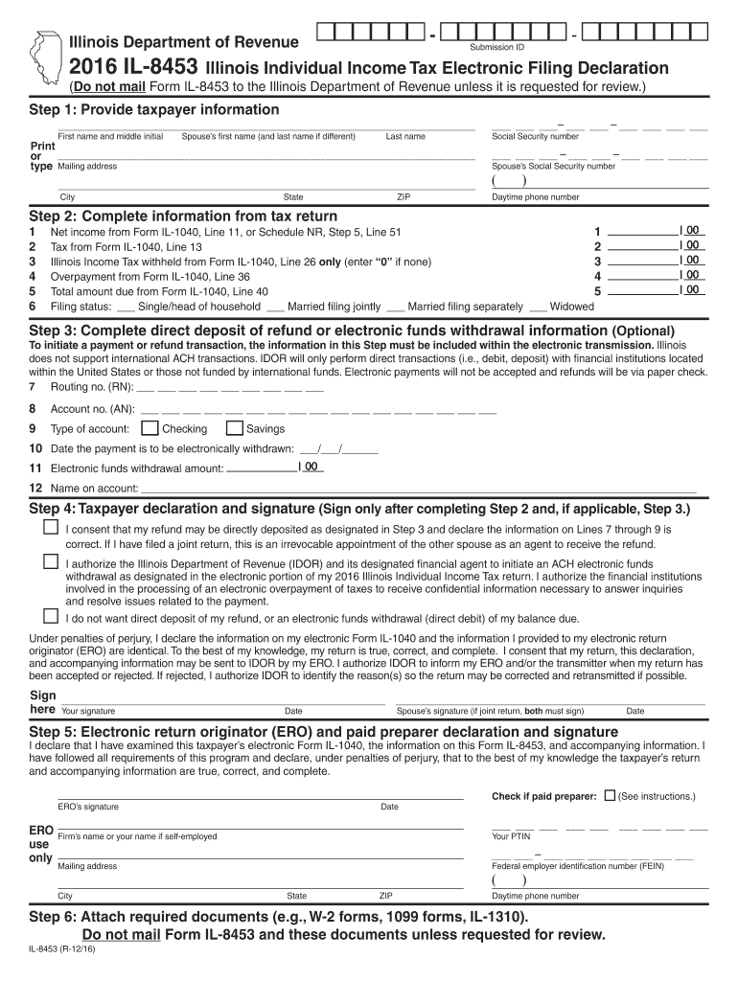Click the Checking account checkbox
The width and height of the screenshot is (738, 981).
150,428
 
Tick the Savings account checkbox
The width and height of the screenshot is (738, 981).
234,428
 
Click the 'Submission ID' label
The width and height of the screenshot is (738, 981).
496,47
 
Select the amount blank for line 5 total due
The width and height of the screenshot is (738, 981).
642,290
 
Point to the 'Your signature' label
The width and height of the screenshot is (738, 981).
88,711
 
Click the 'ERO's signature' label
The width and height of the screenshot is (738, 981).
88,807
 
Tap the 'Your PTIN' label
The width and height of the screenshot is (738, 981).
511,836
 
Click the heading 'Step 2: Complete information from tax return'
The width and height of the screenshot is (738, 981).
183,217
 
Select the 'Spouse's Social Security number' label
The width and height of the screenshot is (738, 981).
553,166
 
